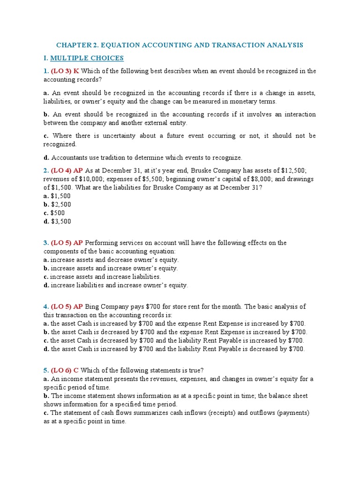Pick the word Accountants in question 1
click(x=67, y=157)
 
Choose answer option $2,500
click(x=61, y=204)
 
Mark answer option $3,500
click(x=61, y=221)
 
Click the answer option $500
click(x=58, y=213)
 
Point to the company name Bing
click(x=92, y=307)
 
